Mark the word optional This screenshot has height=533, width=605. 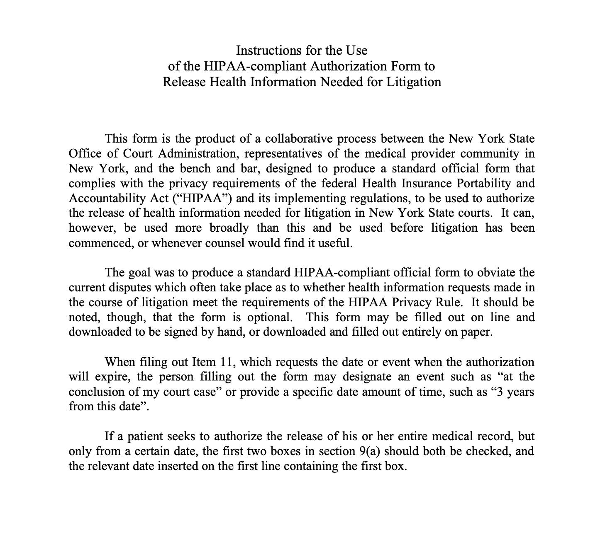pyautogui.click(x=270, y=317)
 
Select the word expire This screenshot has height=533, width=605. pyautogui.click(x=112, y=377)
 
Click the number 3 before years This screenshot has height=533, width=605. pyautogui.click(x=500, y=392)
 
